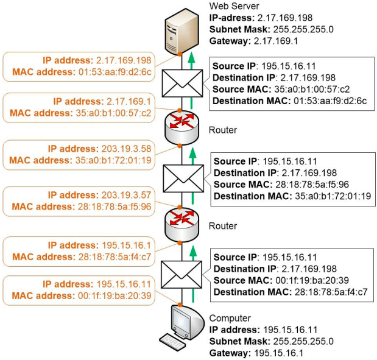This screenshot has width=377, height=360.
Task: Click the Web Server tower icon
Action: (181, 31)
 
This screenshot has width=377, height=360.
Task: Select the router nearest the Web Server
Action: (181, 128)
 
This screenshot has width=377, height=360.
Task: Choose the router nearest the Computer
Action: (181, 224)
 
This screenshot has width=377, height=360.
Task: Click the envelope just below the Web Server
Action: (182, 83)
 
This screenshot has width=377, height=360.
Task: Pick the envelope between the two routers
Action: (183, 178)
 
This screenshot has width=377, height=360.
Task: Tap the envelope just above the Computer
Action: (181, 275)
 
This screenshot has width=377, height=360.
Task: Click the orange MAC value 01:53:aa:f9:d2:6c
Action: (115, 72)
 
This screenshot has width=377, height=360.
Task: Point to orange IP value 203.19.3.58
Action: (126, 149)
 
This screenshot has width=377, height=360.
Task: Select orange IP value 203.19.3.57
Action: (126, 195)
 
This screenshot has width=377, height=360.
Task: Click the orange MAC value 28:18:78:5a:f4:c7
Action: (115, 257)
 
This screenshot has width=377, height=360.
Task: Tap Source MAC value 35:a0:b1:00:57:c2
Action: (312, 89)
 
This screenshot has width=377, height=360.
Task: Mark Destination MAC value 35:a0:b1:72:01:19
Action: (333, 196)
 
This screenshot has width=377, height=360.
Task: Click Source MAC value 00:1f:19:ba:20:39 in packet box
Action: (312, 280)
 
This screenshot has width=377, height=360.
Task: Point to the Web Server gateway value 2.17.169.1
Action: (276, 41)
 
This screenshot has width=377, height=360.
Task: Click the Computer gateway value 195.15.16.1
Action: (279, 353)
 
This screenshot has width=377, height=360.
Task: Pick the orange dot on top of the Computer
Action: (180, 305)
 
